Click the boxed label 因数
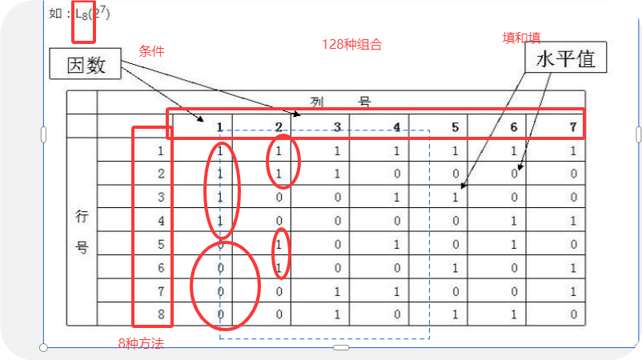point(86,65)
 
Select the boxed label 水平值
point(564,59)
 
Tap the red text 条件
point(152,51)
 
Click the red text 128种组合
point(351,45)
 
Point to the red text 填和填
point(520,38)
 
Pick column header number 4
point(396,126)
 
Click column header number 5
point(455,126)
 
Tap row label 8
point(161,314)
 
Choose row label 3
point(161,197)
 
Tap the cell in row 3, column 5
point(455,197)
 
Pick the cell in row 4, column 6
point(514,221)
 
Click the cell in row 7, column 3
point(337,291)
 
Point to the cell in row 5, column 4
point(396,244)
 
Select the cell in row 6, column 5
point(455,268)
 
